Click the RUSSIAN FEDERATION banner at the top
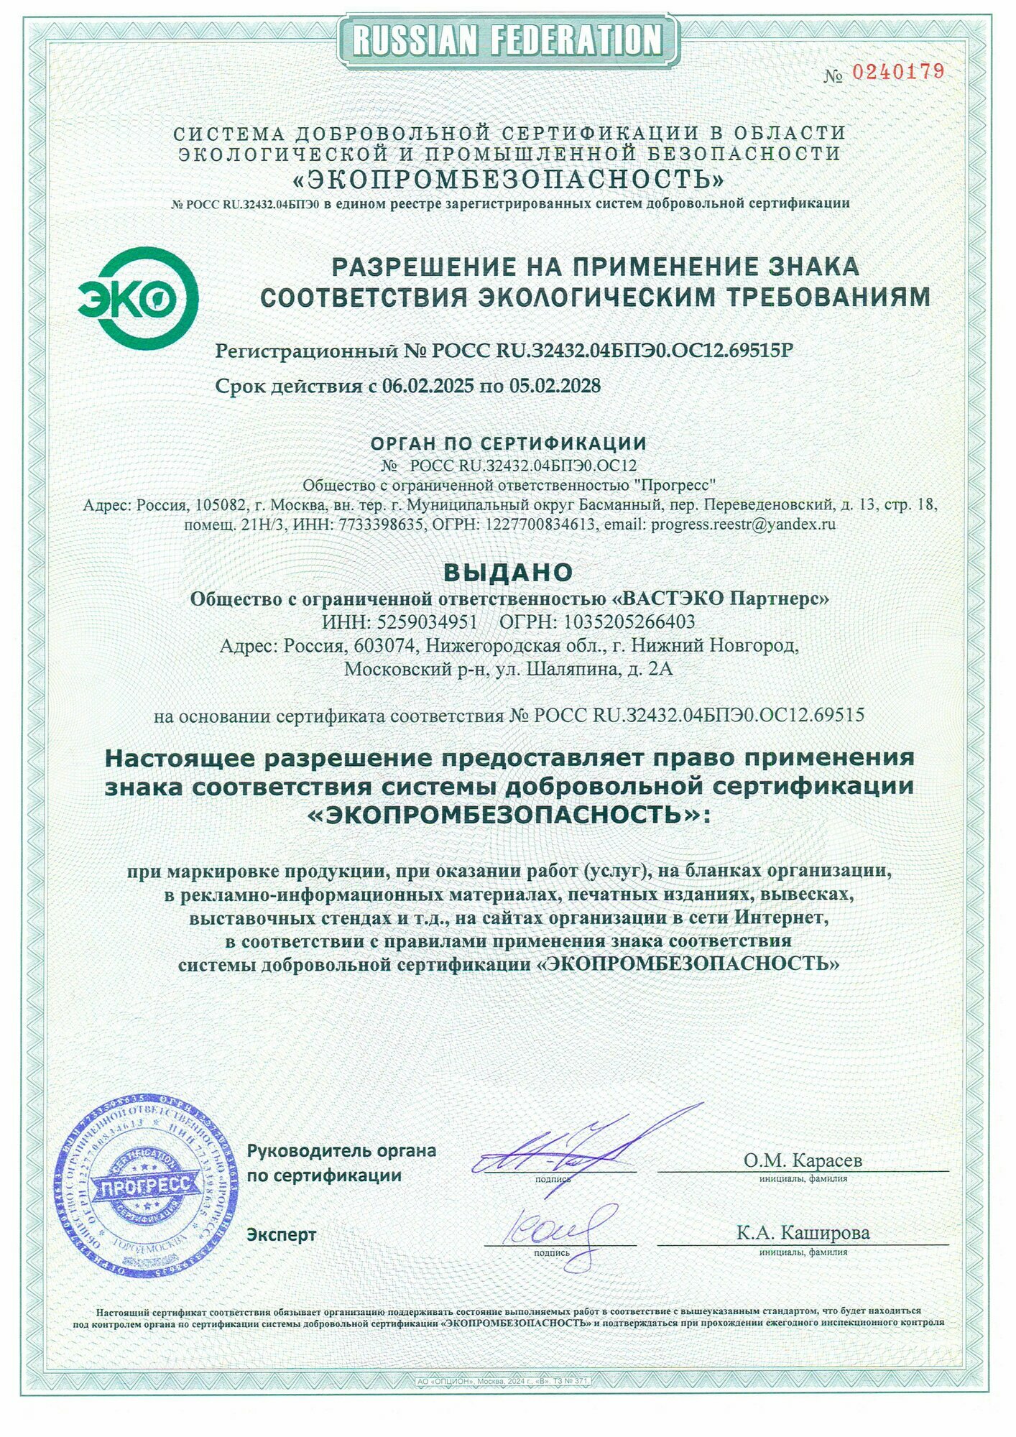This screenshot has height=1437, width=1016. tap(508, 39)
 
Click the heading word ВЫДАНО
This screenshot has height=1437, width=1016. tap(508, 571)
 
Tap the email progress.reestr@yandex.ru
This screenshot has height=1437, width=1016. tap(743, 524)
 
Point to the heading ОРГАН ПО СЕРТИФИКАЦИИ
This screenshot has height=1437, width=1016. tap(508, 443)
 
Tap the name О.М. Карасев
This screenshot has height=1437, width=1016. tap(803, 1160)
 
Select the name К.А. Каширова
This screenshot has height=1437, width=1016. tap(803, 1233)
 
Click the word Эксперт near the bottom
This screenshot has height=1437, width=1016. tap(282, 1234)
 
